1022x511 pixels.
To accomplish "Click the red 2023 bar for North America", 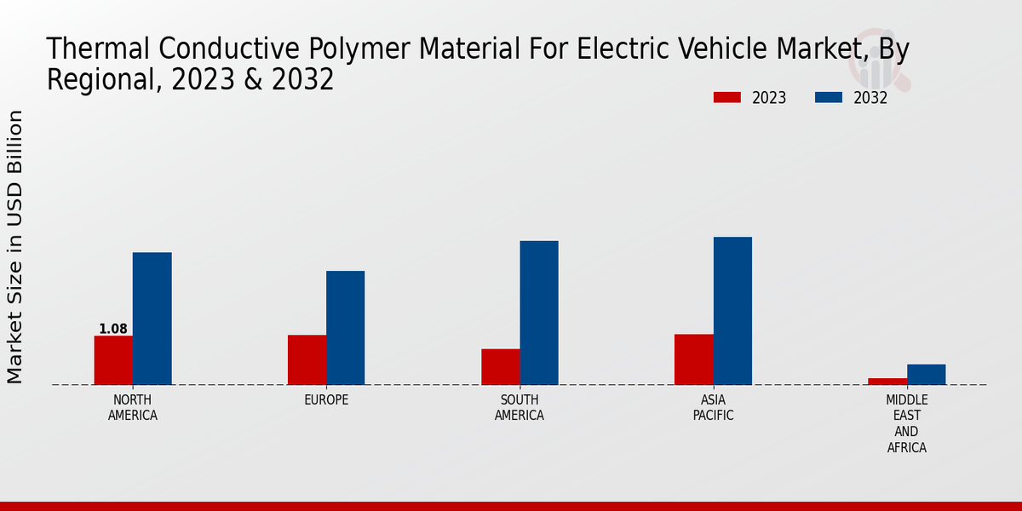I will pos(113,360).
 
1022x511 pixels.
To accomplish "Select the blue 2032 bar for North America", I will pos(152,319).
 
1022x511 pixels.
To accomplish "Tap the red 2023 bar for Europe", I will pos(307,359).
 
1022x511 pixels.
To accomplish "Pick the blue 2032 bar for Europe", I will pos(346,328).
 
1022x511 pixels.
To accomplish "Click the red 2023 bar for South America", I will pos(500,366).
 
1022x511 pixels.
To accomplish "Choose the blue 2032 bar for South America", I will pos(539,313).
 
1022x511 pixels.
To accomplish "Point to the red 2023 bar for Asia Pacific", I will pos(694,359).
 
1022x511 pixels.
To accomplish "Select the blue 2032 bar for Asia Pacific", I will pos(732,311).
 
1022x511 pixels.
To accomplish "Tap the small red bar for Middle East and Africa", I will pos(887,381).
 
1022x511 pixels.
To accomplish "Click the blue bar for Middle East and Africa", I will pos(926,374).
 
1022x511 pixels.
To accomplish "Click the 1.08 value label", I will pos(113,329).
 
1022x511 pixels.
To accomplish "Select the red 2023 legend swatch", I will pos(727,98).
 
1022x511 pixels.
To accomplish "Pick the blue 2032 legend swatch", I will pos(829,98).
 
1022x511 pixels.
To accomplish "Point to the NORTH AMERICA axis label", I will pos(133,408).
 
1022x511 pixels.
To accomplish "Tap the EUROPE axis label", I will pos(326,400).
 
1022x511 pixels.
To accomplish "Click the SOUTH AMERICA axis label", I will pos(520,408).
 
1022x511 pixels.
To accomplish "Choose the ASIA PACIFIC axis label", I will pos(713,408).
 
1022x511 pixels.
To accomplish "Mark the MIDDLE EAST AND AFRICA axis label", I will pos(907,423).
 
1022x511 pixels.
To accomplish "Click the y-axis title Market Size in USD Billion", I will pos(15,247).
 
